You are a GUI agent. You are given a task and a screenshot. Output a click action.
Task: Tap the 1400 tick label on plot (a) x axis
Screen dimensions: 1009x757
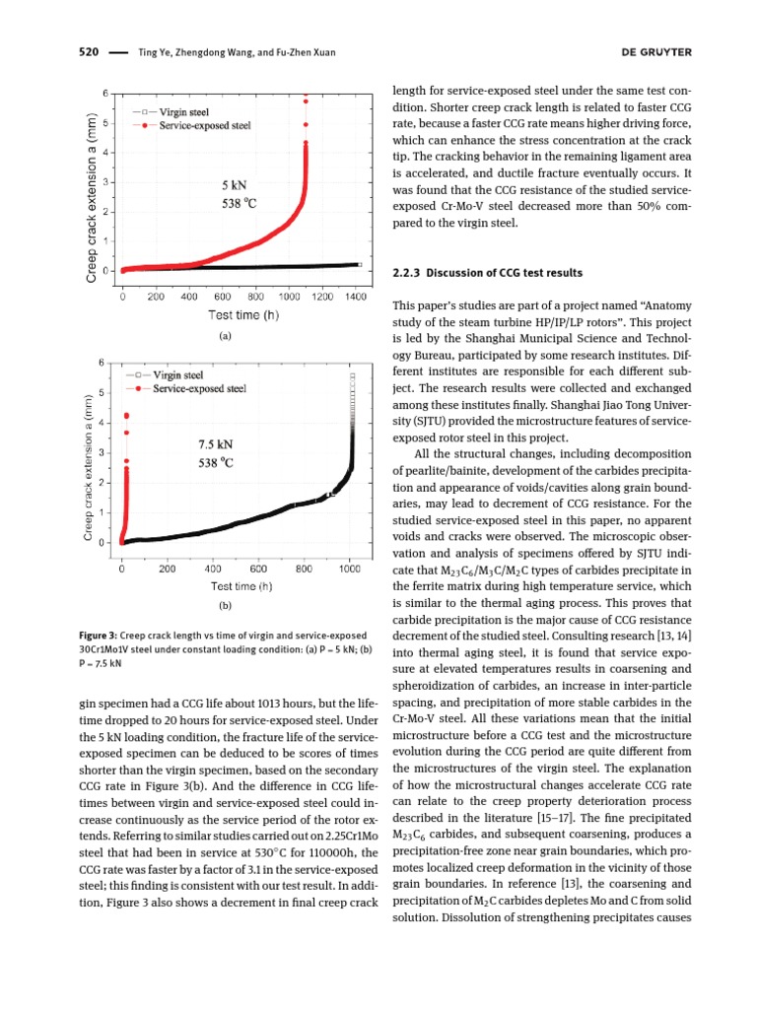tap(356, 296)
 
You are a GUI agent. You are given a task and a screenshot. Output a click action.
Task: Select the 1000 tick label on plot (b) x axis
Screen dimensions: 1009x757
tap(349, 569)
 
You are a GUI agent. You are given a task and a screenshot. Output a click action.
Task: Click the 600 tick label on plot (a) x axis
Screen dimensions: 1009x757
tap(222, 296)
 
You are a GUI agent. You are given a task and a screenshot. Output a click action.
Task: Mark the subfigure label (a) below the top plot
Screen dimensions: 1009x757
tap(225, 335)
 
